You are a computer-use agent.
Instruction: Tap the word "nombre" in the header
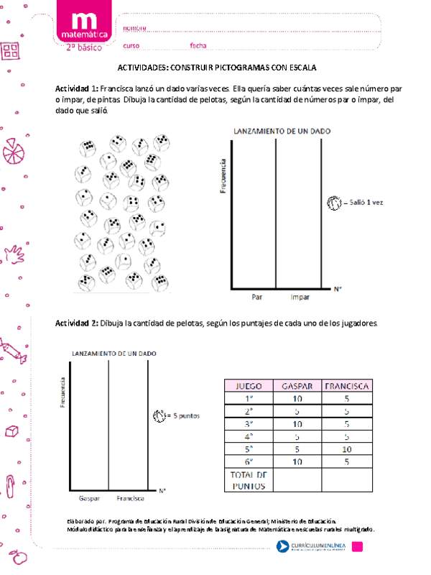tap(134, 28)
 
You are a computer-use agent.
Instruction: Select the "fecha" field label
tap(198, 45)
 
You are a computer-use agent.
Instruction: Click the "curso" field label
tap(131, 45)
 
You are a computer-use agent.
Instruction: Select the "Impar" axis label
tap(300, 295)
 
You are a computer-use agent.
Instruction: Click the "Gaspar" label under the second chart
tap(89, 497)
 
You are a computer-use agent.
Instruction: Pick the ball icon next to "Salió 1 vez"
tap(334, 203)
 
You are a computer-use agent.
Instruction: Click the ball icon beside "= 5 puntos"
tap(159, 415)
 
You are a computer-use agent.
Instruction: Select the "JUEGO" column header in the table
tap(249, 385)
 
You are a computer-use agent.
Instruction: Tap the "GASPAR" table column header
tap(297, 385)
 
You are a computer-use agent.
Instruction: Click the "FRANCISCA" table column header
tap(346, 385)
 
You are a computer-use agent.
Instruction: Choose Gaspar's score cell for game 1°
tap(297, 398)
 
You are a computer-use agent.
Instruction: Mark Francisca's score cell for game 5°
tap(346, 448)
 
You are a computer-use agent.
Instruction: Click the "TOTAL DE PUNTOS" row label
tap(249, 480)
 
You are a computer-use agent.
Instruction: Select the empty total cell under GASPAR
tap(297, 480)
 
